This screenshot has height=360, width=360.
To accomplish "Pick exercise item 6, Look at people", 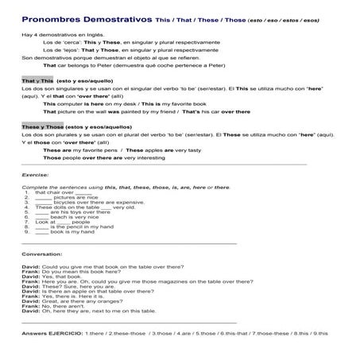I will pyautogui.click(x=64, y=222).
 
